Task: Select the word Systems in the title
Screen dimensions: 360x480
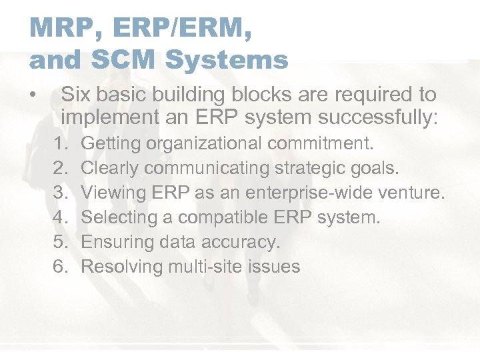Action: (227, 60)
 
